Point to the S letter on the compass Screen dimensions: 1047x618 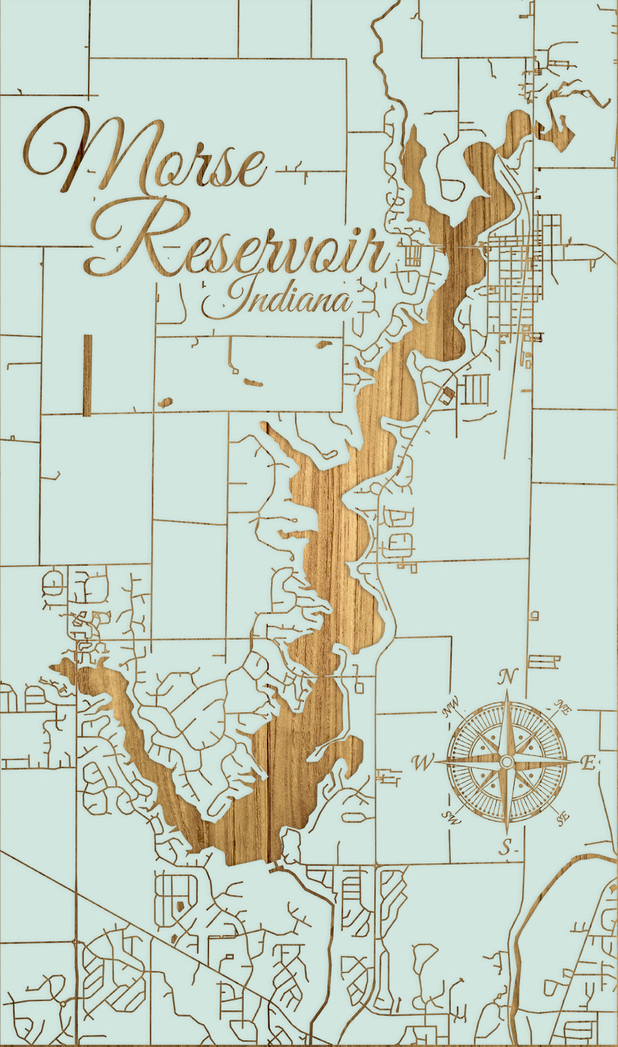pos(507,847)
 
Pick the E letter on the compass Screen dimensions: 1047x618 pos(587,763)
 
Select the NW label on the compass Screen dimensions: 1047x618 pos(452,708)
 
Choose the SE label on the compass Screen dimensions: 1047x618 pos(563,816)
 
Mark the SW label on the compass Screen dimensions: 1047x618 pos(452,817)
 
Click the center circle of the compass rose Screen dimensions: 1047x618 pos(507,761)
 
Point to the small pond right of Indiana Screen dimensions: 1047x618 pos(324,344)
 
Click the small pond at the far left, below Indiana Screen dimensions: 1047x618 pos(164,402)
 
